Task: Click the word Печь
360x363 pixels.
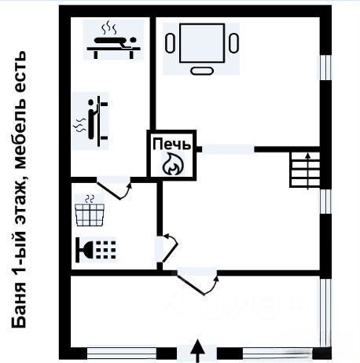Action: click(171, 144)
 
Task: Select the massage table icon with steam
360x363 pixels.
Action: click(114, 41)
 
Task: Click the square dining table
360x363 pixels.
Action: click(202, 43)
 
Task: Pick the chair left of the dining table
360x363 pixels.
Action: click(170, 43)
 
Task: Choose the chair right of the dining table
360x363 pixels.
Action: click(233, 43)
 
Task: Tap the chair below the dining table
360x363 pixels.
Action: click(202, 71)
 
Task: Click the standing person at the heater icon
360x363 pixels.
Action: click(92, 119)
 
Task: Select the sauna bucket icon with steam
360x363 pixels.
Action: click(90, 211)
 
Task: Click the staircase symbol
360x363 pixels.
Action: click(305, 170)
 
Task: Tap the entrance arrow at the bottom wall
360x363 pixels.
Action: click(197, 351)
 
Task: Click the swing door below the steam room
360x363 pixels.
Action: click(114, 188)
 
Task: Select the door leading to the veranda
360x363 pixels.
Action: click(198, 282)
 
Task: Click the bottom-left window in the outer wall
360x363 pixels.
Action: click(122, 354)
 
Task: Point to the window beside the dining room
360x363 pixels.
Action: click(326, 68)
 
